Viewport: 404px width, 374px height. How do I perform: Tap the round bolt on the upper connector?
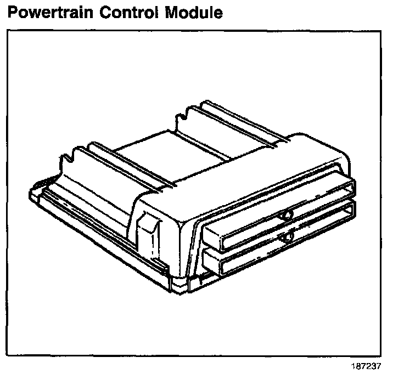coord(287,215)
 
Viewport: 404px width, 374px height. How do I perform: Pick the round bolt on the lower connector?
coord(287,237)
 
